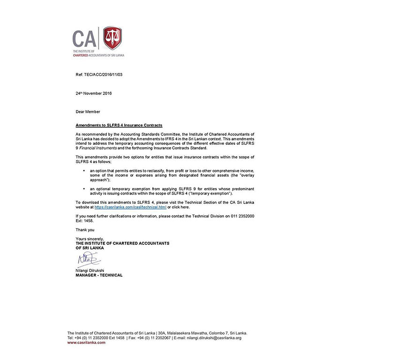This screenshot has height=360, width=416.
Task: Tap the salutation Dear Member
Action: coord(88,112)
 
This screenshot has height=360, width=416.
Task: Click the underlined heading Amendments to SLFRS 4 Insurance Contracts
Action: coord(119,125)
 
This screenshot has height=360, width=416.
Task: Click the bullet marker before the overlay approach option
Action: coord(84,171)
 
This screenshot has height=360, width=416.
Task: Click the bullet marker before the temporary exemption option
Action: coord(84,188)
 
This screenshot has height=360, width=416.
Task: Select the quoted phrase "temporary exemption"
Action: coord(215,193)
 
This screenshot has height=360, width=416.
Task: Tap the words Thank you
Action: coord(85,230)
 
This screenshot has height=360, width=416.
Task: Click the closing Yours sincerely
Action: coord(90,239)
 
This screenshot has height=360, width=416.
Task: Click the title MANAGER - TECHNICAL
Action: coord(99,275)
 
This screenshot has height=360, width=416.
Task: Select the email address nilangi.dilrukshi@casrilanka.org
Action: coord(214,337)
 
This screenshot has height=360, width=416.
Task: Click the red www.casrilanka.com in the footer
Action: coord(86,343)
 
